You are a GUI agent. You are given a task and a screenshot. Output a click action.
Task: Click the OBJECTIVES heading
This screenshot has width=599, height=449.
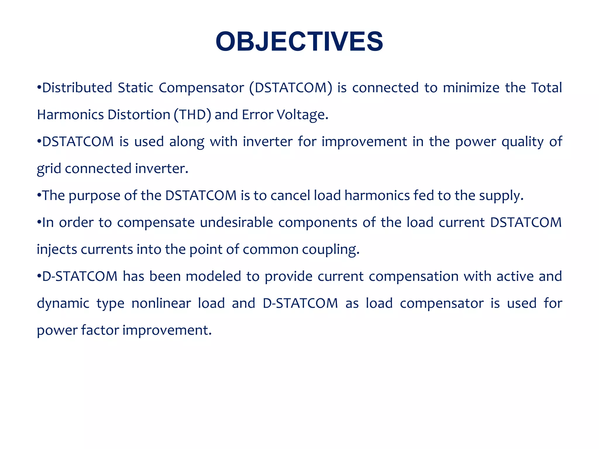click(x=299, y=42)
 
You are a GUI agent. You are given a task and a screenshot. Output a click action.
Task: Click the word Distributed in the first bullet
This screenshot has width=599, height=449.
click(x=77, y=88)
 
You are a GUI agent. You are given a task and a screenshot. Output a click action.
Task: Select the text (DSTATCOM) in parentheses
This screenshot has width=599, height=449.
click(x=291, y=88)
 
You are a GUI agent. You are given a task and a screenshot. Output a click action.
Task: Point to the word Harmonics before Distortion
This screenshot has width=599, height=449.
click(x=70, y=115)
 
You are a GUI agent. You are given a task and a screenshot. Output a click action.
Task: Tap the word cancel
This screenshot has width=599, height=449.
click(x=290, y=196)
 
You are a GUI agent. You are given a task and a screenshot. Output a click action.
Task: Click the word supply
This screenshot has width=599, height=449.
click(x=500, y=196)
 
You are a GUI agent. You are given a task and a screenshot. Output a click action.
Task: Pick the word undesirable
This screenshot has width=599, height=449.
click(x=236, y=222)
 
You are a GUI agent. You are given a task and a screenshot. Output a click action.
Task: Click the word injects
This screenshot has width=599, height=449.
click(x=56, y=250)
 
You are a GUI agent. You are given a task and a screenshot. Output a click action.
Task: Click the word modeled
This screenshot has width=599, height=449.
click(x=213, y=277)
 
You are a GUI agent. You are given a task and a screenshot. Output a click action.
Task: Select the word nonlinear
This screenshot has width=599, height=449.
click(x=161, y=303)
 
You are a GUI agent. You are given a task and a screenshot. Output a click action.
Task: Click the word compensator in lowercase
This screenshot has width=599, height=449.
click(x=441, y=303)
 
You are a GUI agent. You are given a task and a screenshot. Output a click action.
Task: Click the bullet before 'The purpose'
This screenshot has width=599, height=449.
click(x=39, y=195)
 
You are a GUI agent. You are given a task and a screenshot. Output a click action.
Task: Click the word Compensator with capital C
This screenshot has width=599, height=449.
click(x=201, y=88)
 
